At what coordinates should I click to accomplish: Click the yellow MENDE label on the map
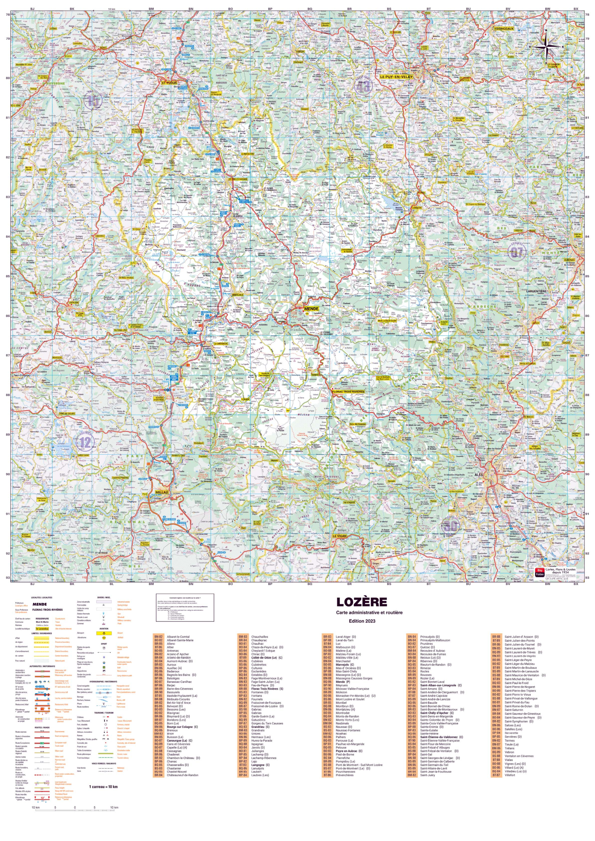(x=311, y=309)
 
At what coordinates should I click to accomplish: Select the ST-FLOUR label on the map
(x=169, y=83)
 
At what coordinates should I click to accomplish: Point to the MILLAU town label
(x=162, y=492)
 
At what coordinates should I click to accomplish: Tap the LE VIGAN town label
(x=339, y=536)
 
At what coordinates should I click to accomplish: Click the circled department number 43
(x=363, y=86)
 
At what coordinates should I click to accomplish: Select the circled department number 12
(x=85, y=442)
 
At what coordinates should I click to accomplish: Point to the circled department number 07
(x=516, y=252)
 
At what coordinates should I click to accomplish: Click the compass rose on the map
(x=545, y=47)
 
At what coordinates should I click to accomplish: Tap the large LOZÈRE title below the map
(x=362, y=602)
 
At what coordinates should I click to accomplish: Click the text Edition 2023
(x=362, y=621)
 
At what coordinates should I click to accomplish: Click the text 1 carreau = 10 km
(x=103, y=786)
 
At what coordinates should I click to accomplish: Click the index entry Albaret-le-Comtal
(x=178, y=637)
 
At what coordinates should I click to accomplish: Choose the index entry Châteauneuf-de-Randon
(x=182, y=775)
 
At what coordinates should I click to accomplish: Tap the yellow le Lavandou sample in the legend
(x=42, y=628)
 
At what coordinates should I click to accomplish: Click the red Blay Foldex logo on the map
(x=540, y=572)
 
